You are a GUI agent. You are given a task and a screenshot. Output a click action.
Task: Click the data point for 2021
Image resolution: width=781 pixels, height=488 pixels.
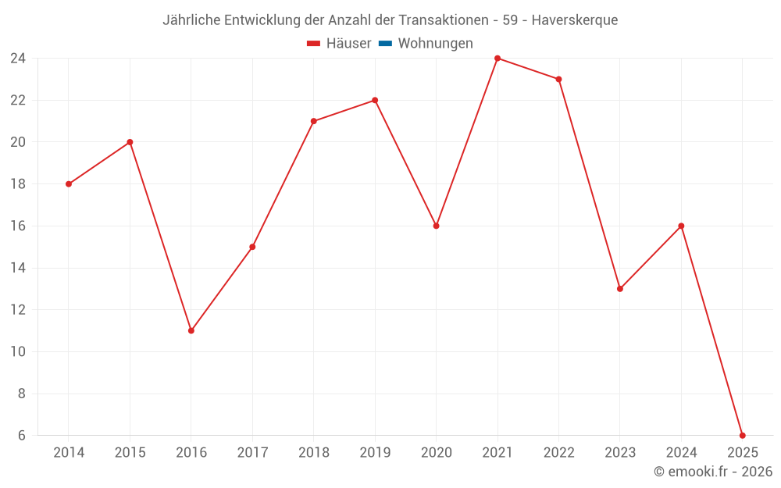click(497, 59)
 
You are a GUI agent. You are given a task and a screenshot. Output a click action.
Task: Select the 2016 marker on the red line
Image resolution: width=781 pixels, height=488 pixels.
click(191, 330)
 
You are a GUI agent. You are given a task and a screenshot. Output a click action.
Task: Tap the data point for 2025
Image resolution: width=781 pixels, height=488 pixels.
click(742, 435)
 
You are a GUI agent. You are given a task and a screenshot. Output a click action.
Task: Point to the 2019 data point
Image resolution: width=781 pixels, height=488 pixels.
click(375, 100)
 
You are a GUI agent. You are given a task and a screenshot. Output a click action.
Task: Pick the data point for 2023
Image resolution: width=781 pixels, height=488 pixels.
click(620, 289)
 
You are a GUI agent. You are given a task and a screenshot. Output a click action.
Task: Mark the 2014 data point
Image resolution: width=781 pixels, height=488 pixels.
click(69, 184)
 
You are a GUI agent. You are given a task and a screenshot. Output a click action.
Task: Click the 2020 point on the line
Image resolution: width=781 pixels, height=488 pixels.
click(436, 226)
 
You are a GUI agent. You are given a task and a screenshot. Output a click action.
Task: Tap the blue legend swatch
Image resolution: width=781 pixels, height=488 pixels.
click(385, 44)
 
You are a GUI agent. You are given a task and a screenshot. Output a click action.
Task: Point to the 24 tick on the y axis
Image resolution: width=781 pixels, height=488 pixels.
click(18, 59)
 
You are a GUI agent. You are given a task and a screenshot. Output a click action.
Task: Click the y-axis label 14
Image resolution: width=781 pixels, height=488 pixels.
click(18, 268)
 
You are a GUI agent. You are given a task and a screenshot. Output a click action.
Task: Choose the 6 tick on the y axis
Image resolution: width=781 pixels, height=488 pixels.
click(21, 435)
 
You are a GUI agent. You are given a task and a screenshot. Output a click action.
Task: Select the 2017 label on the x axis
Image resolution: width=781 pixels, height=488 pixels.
click(252, 453)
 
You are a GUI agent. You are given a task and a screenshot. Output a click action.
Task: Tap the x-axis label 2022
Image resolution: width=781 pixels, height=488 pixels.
click(558, 453)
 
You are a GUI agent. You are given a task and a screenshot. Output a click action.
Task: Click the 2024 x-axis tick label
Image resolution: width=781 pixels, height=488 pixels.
click(681, 453)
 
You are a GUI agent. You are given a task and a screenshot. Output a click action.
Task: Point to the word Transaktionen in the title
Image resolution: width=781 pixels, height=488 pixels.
click(452, 20)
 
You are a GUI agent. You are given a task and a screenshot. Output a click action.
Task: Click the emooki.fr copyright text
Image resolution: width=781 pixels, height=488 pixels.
click(713, 472)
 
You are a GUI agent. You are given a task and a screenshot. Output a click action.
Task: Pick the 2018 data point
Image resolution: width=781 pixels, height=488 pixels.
click(314, 121)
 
